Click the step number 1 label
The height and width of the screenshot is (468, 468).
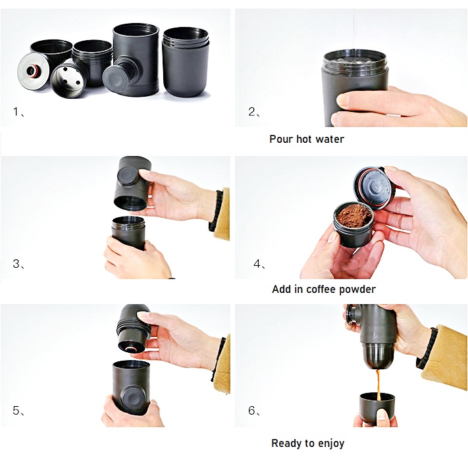point(16,112)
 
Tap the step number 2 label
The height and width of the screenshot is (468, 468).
point(252,112)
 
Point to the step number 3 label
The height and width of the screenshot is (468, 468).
point(16,263)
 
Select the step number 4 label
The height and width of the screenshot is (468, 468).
point(257,263)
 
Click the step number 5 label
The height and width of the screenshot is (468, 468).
point(16,410)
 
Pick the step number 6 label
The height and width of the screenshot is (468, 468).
point(252,410)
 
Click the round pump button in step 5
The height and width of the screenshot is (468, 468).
point(134,400)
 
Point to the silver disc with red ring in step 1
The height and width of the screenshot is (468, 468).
point(33,71)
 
